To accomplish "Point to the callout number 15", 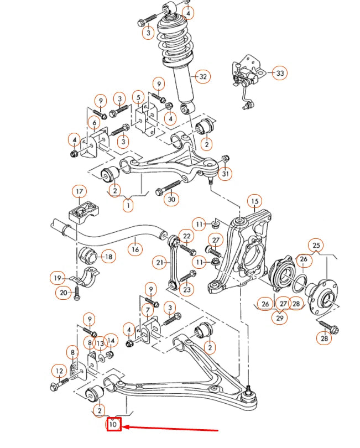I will (x=254, y=201).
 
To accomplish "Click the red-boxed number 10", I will (x=114, y=425).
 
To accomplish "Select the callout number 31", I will (x=225, y=174).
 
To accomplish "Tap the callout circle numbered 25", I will (x=316, y=245).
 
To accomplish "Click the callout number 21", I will (x=160, y=262).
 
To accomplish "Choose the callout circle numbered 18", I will (x=108, y=257).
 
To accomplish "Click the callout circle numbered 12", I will (x=59, y=371).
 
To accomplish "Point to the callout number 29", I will (x=280, y=317).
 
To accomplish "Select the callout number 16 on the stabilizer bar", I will (x=135, y=249).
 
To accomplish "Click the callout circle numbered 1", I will (x=128, y=206).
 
